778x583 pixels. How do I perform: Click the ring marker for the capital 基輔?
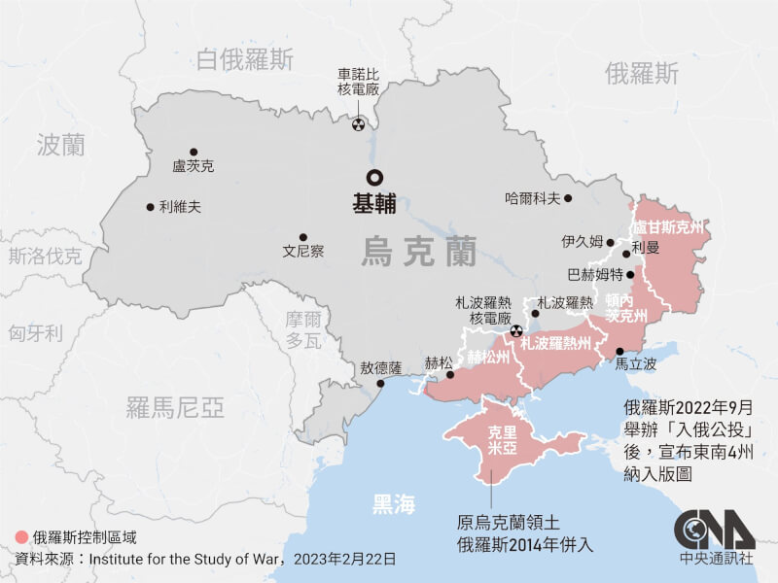pos(373,178)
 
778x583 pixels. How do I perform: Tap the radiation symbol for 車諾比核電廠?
pos(359,124)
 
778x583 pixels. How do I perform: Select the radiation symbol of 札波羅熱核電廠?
pos(515,330)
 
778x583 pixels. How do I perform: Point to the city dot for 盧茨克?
pos(194,152)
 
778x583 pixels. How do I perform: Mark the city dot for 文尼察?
pos(302,236)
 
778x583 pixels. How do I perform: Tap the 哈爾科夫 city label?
pos(533,198)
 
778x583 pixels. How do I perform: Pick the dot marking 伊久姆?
pos(610,243)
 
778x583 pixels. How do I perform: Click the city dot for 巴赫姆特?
pos(630,275)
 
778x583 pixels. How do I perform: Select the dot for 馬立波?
pos(619,351)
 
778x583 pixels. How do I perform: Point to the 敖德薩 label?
pos(380,368)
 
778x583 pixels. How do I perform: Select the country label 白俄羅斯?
pos(243,60)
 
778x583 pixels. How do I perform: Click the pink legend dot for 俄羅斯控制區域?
pos(21,536)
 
